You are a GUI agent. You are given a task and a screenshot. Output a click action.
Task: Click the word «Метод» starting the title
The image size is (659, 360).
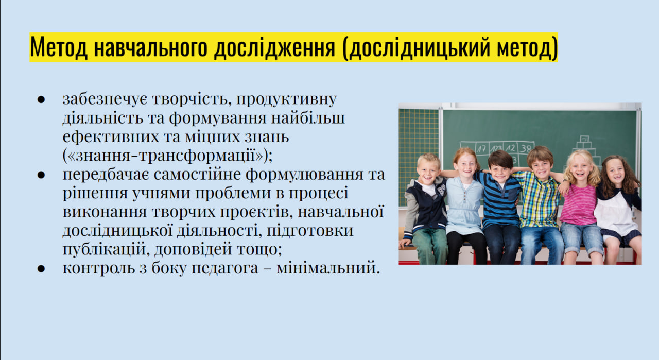[59, 47]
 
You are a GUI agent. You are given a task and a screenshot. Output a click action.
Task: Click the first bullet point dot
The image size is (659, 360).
[41, 99]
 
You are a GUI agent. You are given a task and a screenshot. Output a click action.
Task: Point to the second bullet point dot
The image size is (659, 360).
[41, 175]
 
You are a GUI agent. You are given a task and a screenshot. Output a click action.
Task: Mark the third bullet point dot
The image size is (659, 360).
[41, 269]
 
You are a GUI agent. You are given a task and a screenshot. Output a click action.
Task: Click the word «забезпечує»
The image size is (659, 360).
[105, 99]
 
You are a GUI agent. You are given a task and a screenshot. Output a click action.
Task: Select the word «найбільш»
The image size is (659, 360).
[308, 118]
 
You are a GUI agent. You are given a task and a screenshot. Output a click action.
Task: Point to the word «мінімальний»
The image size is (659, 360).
[326, 268]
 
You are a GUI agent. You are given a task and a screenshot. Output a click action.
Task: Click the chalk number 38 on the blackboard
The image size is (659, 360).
[526, 148]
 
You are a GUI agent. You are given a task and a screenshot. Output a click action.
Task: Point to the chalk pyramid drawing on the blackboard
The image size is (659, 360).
[585, 150]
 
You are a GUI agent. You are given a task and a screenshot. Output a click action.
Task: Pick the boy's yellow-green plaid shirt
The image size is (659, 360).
[540, 200]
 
